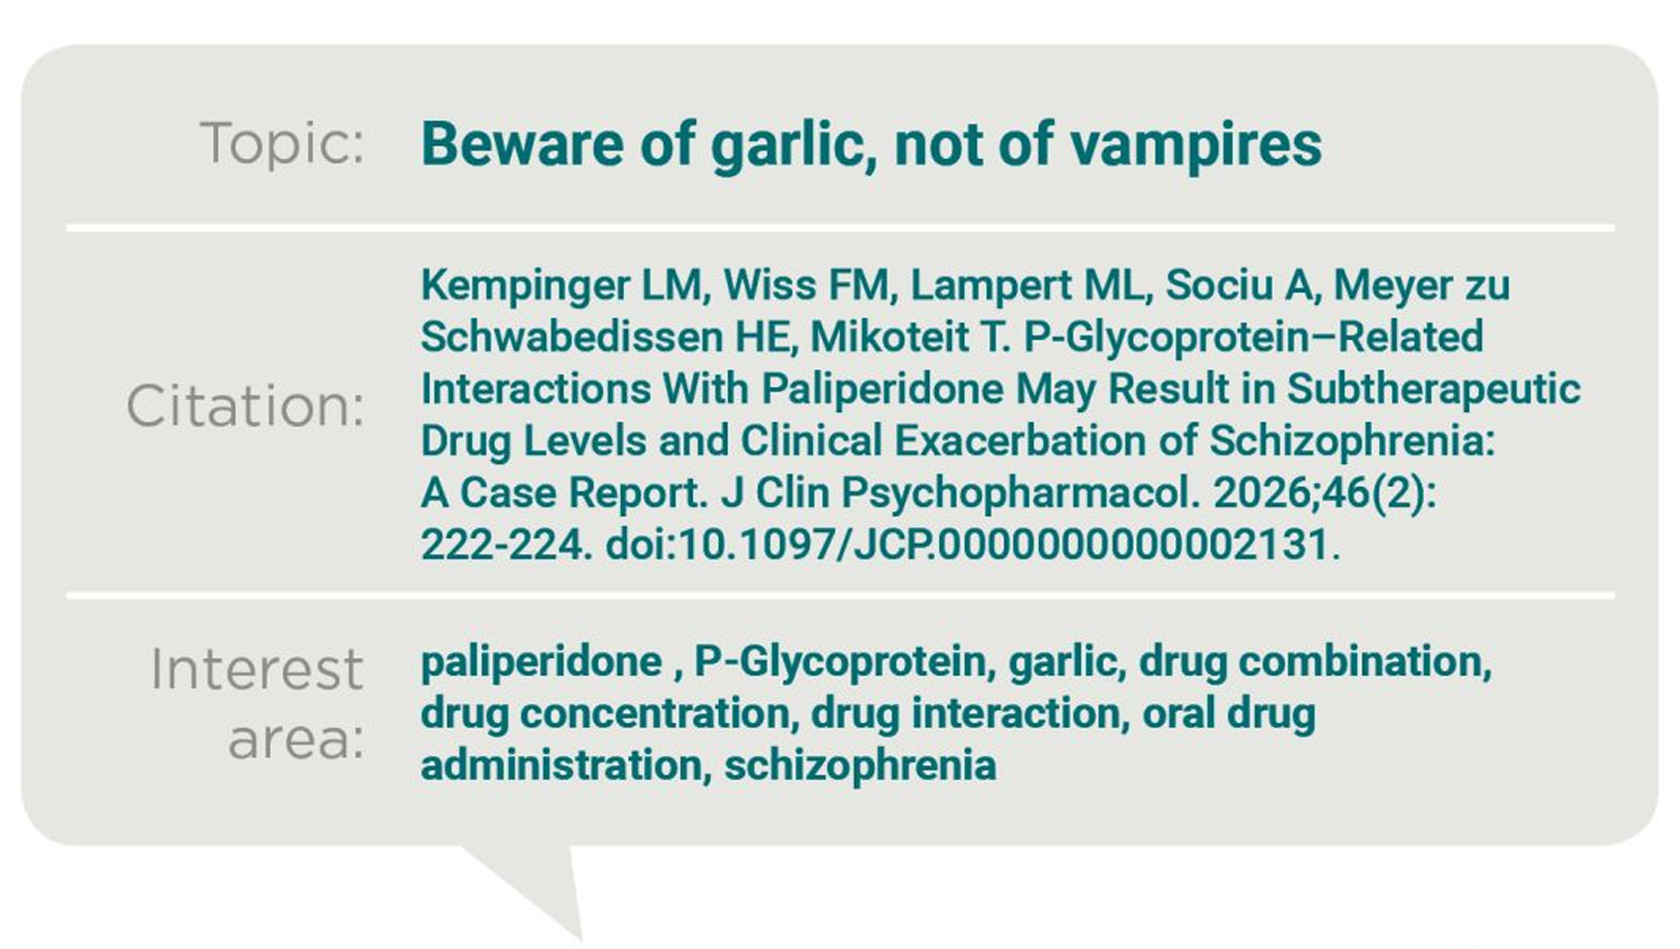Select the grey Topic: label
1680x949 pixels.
(x=282, y=143)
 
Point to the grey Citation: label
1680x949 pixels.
(x=245, y=406)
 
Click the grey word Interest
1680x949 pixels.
(x=257, y=669)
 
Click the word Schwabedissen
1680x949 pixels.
(x=572, y=336)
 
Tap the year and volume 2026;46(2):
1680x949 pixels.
(x=1325, y=493)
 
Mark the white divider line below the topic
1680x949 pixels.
(x=840, y=227)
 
